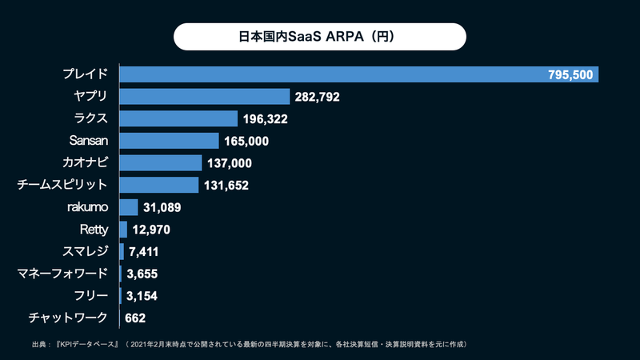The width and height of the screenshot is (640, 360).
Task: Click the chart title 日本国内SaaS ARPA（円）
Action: [319, 37]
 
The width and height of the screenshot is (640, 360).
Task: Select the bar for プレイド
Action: [336, 74]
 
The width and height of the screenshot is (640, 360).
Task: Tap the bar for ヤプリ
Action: [204, 97]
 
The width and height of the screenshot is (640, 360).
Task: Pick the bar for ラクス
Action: [178, 119]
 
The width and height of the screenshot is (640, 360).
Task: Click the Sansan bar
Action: [169, 141]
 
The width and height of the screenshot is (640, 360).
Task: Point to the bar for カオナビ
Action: [160, 163]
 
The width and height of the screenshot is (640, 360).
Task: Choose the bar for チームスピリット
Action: [158, 186]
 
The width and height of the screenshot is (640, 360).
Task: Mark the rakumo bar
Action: [128, 207]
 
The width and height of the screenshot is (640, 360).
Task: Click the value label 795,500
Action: [570, 75]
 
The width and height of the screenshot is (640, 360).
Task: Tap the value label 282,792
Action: [318, 98]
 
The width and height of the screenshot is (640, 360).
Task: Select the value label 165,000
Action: [246, 142]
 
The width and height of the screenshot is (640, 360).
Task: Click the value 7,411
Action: [145, 252]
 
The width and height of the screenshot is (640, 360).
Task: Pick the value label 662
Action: [135, 318]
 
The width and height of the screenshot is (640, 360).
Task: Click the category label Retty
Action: [94, 230]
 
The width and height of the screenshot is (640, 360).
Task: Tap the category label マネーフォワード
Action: [62, 274]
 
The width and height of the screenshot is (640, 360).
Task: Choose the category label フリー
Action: [90, 296]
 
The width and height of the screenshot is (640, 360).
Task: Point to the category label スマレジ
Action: [85, 252]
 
